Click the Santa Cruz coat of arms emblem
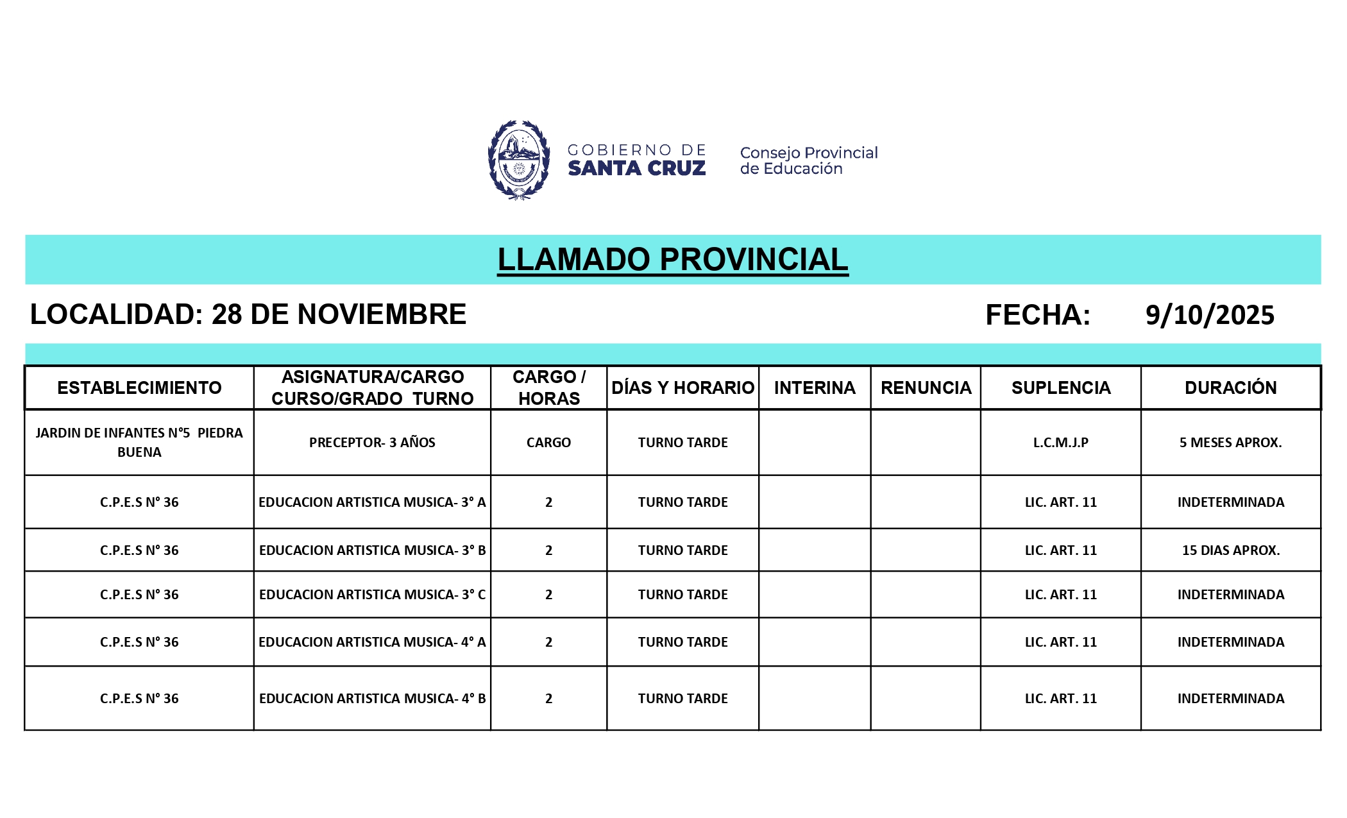[518, 160]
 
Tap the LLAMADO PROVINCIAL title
[672, 260]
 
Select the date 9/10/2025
[1210, 315]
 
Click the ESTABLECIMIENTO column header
[139, 388]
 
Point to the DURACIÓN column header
[1230, 388]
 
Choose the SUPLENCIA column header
[1060, 388]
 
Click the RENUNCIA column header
[926, 388]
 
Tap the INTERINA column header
[815, 388]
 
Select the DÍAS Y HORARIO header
[682, 388]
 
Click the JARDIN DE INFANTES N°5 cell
[139, 442]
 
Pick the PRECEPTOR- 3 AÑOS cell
[372, 442]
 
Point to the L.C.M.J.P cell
[1060, 442]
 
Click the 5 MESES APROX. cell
[1230, 442]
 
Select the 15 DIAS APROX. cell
[1230, 550]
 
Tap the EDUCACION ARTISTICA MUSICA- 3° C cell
[372, 594]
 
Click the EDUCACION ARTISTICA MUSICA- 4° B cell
[372, 698]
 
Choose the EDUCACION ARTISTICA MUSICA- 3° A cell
[372, 502]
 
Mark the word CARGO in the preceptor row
[548, 442]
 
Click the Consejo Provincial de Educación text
[808, 160]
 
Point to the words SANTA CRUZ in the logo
[636, 168]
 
